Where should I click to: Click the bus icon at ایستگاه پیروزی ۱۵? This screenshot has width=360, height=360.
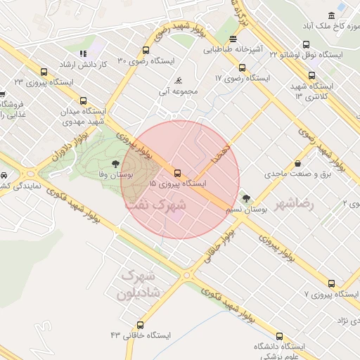click(176, 172)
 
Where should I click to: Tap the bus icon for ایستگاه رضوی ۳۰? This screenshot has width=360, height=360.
click(146, 51)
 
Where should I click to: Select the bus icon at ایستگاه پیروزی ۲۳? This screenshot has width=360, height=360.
click(44, 72)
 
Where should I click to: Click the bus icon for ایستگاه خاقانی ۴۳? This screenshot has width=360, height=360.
click(141, 325)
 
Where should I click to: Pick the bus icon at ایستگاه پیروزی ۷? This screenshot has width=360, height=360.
click(331, 283)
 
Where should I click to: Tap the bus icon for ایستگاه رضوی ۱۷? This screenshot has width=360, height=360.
click(242, 68)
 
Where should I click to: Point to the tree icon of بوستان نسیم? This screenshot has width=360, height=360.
click(245, 198)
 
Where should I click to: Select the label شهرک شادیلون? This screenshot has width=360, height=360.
click(143, 282)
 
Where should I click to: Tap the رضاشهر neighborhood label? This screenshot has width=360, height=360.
click(314, 202)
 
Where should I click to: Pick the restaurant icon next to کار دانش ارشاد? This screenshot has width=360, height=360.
click(82, 53)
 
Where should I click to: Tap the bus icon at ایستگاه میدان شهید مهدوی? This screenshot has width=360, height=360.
click(83, 101)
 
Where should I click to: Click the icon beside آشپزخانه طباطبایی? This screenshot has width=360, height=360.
click(232, 39)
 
